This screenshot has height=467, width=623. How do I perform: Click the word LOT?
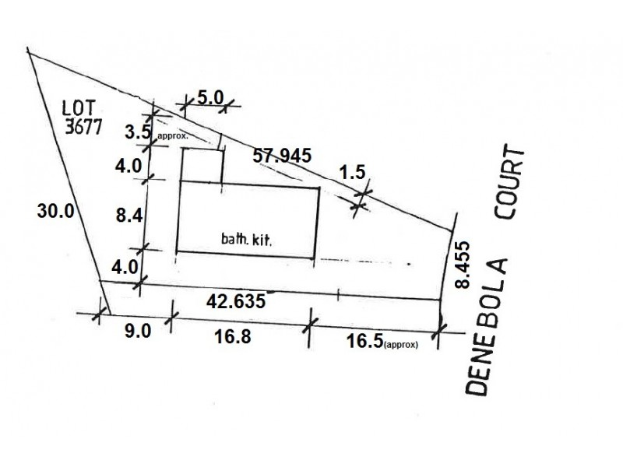(79, 107)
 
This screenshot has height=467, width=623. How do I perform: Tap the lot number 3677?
(83, 126)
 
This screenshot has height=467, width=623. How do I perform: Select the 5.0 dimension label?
(210, 98)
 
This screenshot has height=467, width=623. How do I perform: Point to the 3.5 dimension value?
(138, 132)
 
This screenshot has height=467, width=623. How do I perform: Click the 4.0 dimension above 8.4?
(128, 166)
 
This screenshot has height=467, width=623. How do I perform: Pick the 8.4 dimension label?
(129, 216)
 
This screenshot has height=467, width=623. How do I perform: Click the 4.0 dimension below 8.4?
(125, 267)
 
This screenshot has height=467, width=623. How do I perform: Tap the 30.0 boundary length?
(55, 210)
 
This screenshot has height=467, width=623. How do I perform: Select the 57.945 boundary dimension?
(282, 155)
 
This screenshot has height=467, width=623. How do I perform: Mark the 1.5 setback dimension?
(352, 172)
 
